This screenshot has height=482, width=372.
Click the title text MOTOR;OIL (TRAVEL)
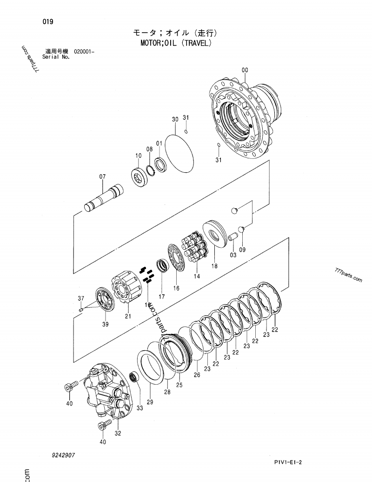click(x=176, y=44)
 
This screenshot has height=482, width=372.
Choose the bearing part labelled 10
click(x=139, y=177)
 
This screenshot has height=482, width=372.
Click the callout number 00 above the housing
click(x=245, y=70)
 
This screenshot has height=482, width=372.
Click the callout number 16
click(x=176, y=288)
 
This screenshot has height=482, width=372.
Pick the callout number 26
click(x=197, y=374)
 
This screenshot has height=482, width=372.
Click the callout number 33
click(x=139, y=408)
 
